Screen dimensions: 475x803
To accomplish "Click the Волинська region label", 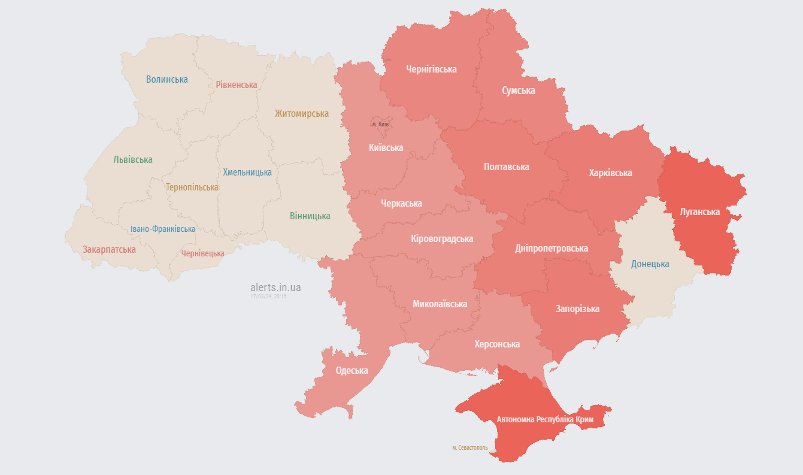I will (x=167, y=79).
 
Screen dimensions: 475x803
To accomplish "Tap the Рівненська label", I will (x=237, y=84).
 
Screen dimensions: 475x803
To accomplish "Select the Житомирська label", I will (x=302, y=113).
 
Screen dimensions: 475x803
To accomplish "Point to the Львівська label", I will (x=133, y=159).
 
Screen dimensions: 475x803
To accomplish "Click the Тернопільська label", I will (x=192, y=187).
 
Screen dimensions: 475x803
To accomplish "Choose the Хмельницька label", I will (x=247, y=172).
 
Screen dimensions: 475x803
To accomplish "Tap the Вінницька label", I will (x=310, y=216).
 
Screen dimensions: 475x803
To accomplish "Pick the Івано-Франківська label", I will (x=163, y=229).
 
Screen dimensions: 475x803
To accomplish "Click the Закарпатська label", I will (x=109, y=249).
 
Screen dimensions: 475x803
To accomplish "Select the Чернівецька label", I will (x=203, y=253).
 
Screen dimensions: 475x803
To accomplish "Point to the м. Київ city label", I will (x=380, y=124).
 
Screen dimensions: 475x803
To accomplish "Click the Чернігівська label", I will (x=431, y=69).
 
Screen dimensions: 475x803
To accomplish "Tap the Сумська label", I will (x=519, y=90).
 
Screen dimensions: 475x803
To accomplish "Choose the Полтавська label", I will (x=507, y=167).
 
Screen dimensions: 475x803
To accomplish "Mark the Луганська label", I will (x=700, y=211).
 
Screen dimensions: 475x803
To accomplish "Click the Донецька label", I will (x=650, y=264).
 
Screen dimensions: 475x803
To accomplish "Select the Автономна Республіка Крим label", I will (x=545, y=419).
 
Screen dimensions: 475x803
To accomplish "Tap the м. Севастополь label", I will (x=470, y=447).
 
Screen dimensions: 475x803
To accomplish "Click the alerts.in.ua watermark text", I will (x=275, y=288).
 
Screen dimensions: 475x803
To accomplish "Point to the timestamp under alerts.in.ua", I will (x=268, y=297).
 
